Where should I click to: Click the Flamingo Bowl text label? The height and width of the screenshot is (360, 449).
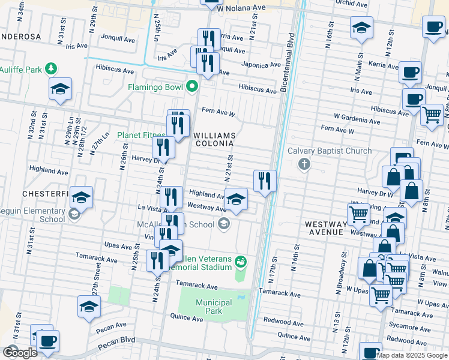[155, 87]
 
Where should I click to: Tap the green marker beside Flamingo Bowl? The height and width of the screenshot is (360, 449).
[192, 87]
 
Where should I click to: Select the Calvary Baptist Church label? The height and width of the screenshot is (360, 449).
[330, 151]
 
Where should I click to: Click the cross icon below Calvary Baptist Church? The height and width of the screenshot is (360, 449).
[304, 164]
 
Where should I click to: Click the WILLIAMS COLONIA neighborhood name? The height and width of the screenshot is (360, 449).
[214, 139]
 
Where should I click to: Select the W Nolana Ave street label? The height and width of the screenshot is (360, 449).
[241, 8]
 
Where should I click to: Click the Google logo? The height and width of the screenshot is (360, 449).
[20, 353]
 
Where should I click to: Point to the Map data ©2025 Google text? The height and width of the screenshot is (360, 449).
[412, 355]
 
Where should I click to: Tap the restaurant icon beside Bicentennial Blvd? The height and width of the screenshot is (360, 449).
[265, 180]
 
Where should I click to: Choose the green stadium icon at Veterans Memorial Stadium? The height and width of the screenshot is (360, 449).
[241, 260]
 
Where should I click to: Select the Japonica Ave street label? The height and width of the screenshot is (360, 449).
[261, 64]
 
